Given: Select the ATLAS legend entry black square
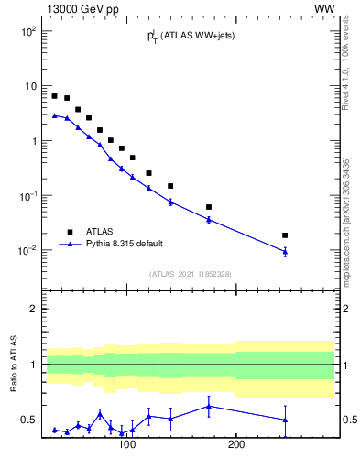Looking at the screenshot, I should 70,232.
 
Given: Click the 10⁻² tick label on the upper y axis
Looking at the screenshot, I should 27,251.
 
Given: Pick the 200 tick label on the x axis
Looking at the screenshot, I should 236,445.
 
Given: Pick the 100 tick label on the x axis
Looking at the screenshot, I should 126,445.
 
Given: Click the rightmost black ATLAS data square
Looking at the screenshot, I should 285,235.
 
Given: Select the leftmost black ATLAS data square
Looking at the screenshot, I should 55,96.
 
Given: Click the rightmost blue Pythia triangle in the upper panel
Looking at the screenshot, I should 285,251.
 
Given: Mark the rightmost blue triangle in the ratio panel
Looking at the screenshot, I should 285,420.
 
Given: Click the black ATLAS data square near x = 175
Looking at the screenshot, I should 209,207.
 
